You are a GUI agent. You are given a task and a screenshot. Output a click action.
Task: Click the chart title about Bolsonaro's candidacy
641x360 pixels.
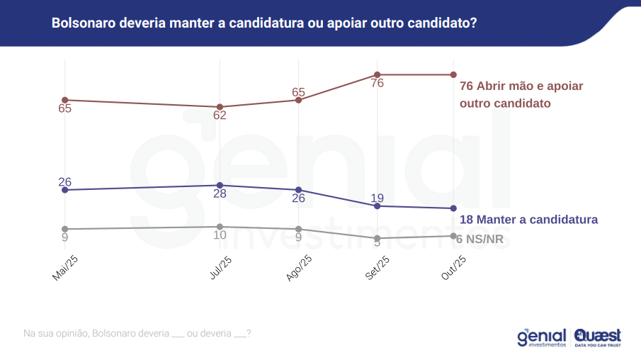[263, 23]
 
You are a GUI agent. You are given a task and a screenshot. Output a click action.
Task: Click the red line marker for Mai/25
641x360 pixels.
[64, 100]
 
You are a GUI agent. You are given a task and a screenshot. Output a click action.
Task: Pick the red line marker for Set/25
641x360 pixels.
[377, 74]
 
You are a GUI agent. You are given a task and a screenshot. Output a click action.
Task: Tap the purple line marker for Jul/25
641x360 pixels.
[220, 185]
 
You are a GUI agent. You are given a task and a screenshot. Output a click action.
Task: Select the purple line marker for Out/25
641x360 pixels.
[453, 208]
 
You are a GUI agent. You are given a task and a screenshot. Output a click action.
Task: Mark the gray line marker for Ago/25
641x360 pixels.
[298, 229]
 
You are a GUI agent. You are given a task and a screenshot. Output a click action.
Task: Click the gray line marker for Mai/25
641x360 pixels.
[64, 229]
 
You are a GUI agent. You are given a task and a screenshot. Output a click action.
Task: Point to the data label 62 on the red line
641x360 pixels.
[220, 116]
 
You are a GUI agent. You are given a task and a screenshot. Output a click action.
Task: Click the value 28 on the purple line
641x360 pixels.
[220, 194]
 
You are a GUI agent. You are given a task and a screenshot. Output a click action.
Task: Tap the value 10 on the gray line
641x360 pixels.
[220, 235]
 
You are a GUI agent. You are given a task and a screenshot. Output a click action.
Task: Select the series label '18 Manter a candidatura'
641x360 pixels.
[528, 219]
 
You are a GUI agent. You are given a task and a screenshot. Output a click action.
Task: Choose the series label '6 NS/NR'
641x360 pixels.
[480, 239]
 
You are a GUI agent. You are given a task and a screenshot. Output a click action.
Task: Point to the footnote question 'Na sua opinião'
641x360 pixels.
[137, 333]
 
